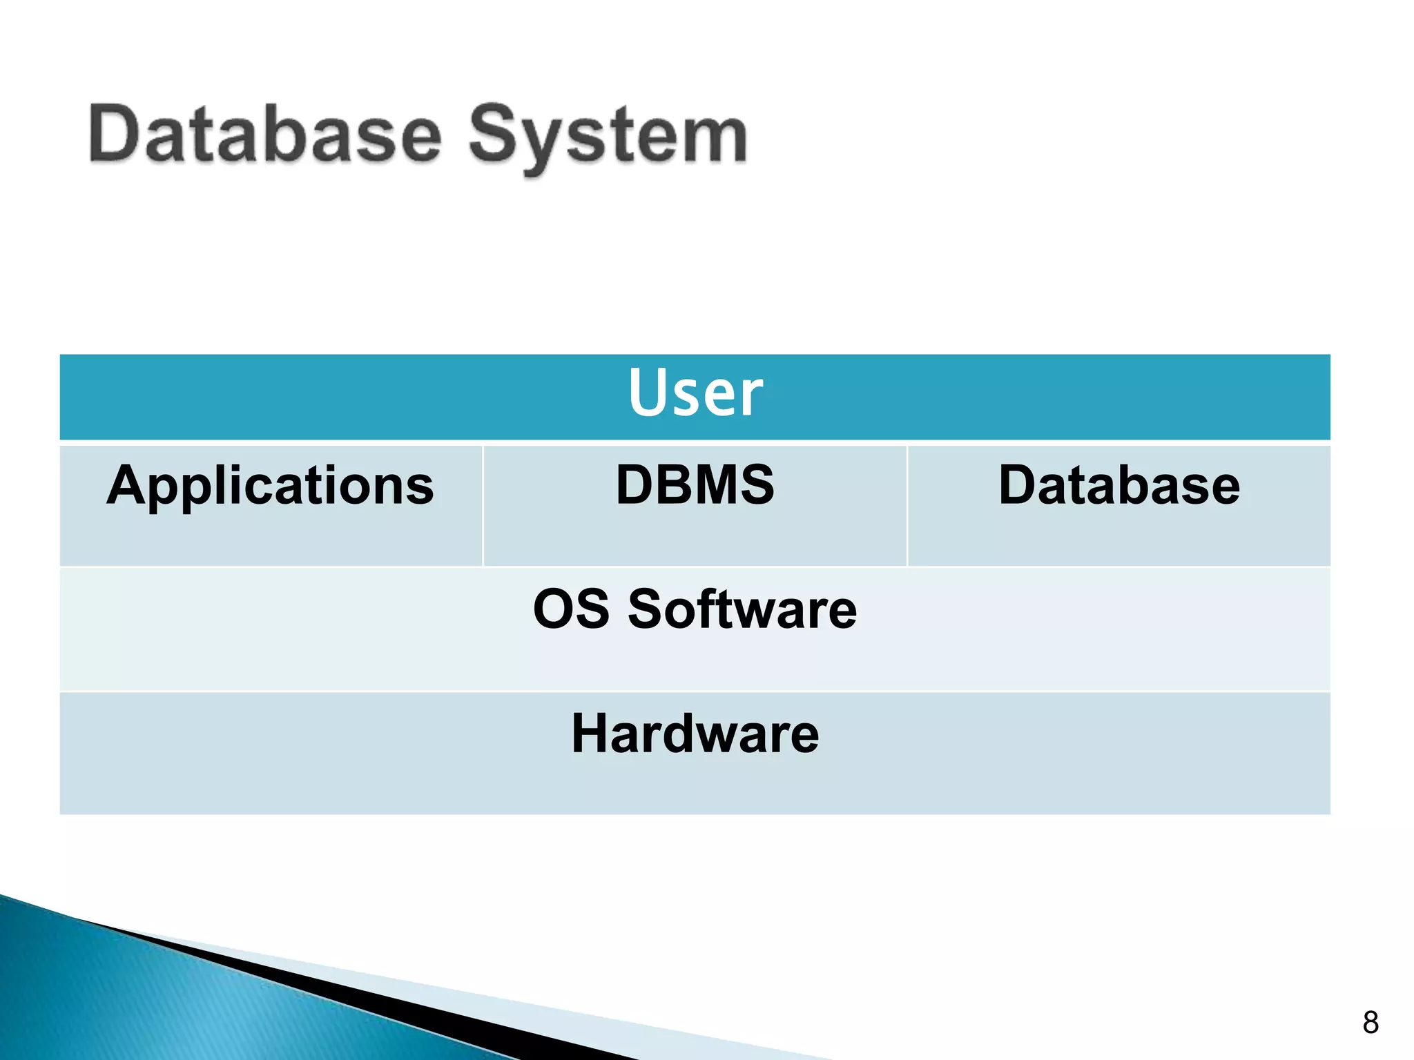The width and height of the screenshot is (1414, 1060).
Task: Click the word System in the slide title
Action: tap(608, 137)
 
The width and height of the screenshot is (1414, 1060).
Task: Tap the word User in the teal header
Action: tap(695, 393)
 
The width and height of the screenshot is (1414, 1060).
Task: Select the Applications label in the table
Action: tap(271, 487)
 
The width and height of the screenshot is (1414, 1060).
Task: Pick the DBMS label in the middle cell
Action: tap(695, 485)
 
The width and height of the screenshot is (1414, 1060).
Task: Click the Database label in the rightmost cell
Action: tap(1118, 485)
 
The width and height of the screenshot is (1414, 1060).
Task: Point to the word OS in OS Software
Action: tap(571, 609)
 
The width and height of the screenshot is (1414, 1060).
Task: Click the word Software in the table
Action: tap(742, 609)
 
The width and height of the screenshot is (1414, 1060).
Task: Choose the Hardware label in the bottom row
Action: tap(695, 734)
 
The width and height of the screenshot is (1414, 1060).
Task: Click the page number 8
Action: tap(1371, 1022)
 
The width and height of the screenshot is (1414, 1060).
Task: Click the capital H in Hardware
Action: tap(589, 734)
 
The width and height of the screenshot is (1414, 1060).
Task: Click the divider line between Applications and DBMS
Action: tap(483, 506)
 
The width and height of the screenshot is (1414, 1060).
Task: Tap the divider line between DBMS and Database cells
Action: tap(907, 506)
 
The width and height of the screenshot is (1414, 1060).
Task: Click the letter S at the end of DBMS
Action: tap(755, 485)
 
